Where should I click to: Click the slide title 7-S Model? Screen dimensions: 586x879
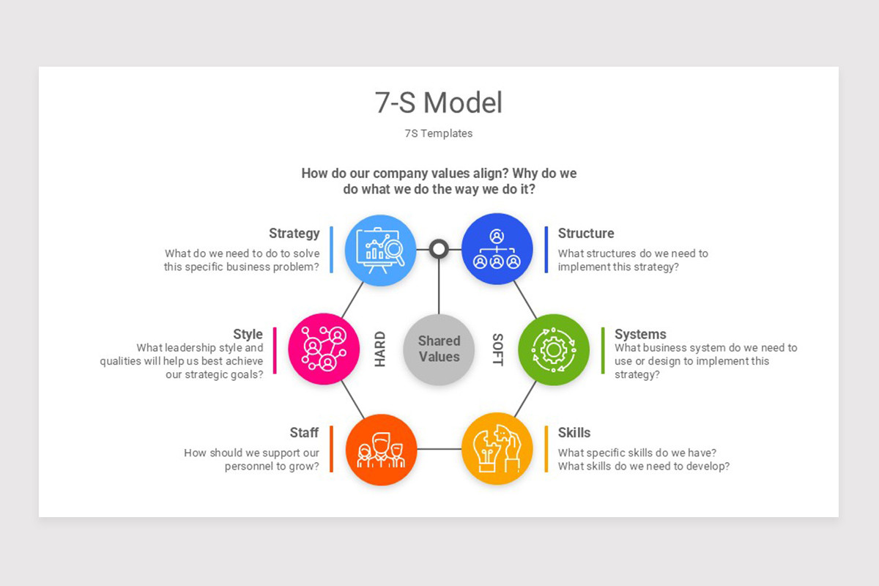[x=439, y=103]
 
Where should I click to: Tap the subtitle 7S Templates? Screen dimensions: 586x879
[x=439, y=133]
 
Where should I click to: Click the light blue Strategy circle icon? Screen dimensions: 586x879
[x=380, y=250]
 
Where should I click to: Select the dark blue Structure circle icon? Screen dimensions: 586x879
[x=497, y=250]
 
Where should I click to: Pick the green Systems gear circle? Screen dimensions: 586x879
[x=554, y=349]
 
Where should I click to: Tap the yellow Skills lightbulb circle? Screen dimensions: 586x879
[x=497, y=448]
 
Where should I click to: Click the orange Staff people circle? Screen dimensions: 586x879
[x=381, y=450]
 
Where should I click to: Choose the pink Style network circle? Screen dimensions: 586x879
[x=324, y=349]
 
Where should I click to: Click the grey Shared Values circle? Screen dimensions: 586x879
[x=439, y=349]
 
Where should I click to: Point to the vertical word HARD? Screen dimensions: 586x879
[x=380, y=349]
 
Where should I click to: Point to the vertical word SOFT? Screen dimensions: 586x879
[x=497, y=349]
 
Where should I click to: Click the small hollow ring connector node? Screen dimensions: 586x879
[x=439, y=249]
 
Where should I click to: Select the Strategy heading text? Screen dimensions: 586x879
[x=294, y=234]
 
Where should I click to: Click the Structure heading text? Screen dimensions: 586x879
[x=586, y=234]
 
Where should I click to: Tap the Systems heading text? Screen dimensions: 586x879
[x=640, y=335]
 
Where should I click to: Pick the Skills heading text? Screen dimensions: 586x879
[x=574, y=433]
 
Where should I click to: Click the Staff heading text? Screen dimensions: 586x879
[x=304, y=433]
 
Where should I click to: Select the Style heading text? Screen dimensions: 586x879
[x=248, y=335]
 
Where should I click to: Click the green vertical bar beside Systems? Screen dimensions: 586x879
[x=603, y=350]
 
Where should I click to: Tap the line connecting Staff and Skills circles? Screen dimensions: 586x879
[x=439, y=449]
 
